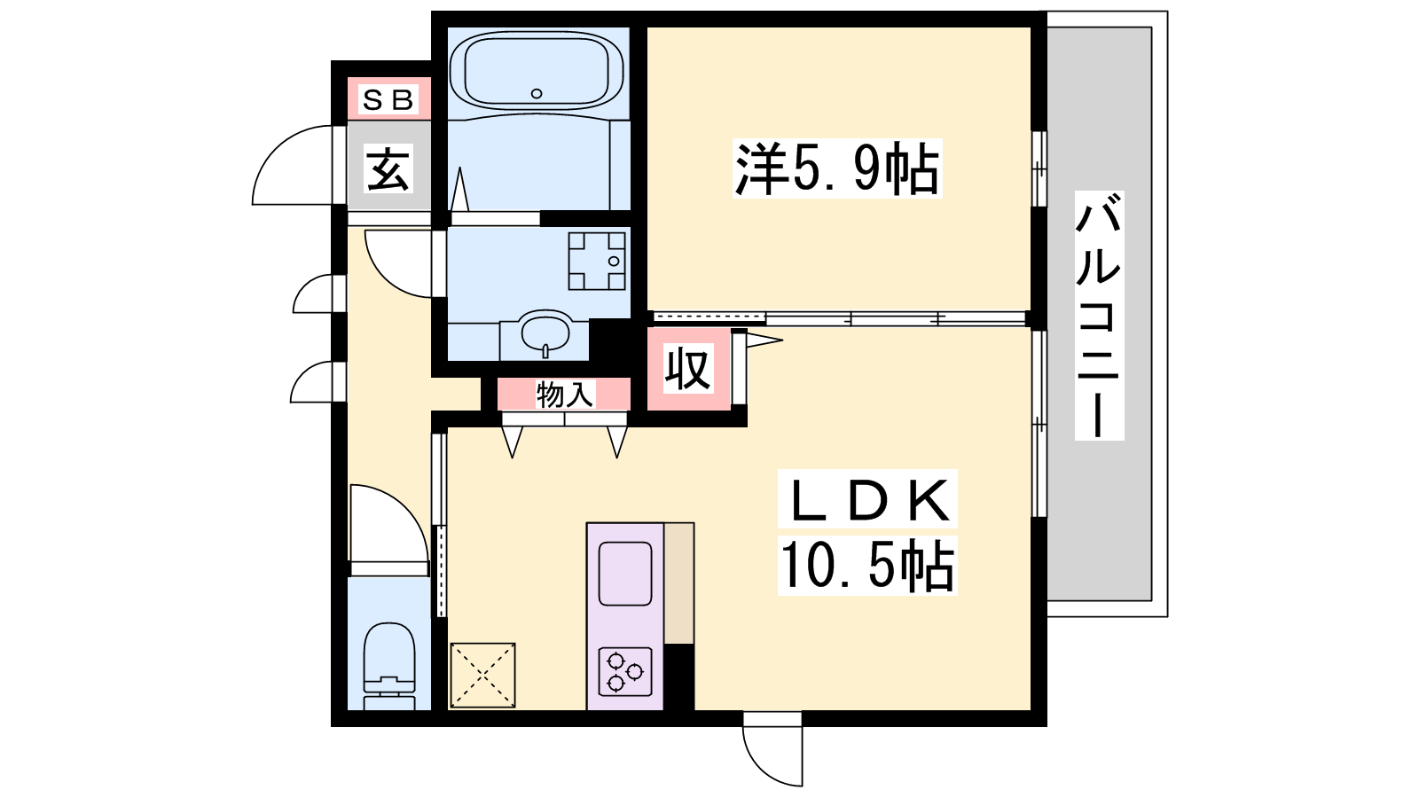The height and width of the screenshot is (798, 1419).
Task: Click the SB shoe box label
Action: click(x=388, y=100)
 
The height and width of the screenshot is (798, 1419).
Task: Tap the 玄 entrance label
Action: click(x=388, y=168)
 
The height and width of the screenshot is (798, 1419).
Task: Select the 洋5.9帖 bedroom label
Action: click(x=836, y=168)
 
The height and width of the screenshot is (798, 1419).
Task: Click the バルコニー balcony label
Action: click(x=1099, y=316)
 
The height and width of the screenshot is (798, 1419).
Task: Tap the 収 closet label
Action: click(x=688, y=368)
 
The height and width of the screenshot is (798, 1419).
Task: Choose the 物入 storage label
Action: click(x=564, y=395)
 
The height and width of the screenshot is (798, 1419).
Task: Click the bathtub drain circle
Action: click(x=537, y=94)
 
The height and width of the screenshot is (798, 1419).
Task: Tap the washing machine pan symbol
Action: click(x=597, y=261)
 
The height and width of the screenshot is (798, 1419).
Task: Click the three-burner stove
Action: click(x=625, y=671)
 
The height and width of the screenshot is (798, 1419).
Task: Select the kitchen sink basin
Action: click(x=625, y=574)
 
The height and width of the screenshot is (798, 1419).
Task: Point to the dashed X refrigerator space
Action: click(x=482, y=675)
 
